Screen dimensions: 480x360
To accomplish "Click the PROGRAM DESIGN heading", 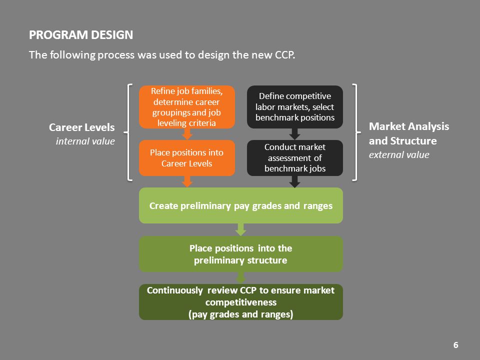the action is pos(81,35).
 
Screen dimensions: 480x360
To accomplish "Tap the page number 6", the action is pos(455,345).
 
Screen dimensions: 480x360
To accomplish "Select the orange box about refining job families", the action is pos(187,107).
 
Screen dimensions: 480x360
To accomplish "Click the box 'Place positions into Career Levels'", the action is pos(187,158).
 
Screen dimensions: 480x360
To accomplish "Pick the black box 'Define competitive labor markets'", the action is pos(295,107).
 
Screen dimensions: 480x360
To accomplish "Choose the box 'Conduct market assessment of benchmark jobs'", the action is pos(295,158).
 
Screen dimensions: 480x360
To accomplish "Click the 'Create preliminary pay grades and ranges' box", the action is pos(241,205).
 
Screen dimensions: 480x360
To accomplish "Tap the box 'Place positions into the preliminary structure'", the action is pos(241,254).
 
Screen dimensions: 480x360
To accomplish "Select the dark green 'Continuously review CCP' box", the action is pos(241,302).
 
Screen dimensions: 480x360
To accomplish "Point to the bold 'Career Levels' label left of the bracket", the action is pos(81,127).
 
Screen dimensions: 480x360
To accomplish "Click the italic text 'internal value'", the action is pos(85,141).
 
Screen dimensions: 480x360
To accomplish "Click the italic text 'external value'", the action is pos(399,155).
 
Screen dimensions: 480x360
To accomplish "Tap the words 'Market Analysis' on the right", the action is pos(409,126).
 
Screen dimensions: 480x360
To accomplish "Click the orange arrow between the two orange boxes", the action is pos(187,134).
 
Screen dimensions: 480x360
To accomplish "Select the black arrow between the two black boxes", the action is pos(294,134).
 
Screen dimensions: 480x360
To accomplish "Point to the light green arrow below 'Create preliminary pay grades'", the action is pos(241,229).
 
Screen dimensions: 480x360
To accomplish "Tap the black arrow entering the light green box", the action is pos(294,182).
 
